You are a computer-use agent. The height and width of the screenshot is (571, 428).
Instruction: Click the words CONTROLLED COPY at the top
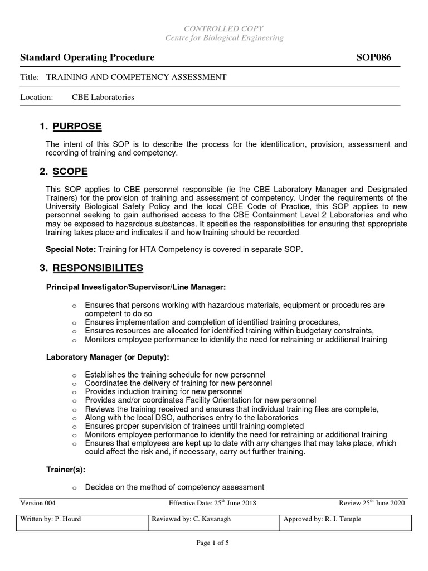point(225,28)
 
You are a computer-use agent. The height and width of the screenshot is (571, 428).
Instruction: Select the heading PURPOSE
point(77,127)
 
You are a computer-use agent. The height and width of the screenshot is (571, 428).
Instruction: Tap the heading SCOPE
point(70,171)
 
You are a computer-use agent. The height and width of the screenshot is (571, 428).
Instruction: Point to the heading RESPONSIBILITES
point(98,268)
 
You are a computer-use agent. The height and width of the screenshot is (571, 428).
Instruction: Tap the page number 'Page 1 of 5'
point(214,544)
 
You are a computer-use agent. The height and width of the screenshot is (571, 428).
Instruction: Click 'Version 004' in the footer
point(38,503)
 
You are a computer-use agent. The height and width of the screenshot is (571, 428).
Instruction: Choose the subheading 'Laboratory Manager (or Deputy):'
point(107,357)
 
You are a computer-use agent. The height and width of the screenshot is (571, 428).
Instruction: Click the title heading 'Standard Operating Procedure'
point(87,58)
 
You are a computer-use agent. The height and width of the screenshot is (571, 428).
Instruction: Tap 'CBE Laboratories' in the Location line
point(103,97)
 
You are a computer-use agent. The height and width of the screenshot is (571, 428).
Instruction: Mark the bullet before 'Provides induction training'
point(74,392)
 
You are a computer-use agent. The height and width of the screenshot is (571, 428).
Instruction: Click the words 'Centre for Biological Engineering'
point(225,38)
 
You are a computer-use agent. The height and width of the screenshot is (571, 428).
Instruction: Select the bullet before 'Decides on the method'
point(74,488)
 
